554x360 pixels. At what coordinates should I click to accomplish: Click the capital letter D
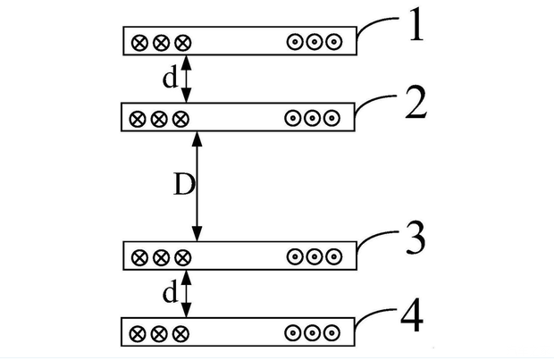point(181,186)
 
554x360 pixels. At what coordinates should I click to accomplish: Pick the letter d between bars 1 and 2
point(170,79)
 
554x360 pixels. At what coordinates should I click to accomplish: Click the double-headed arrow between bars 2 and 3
point(197,186)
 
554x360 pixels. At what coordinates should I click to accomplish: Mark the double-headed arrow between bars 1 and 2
point(186,79)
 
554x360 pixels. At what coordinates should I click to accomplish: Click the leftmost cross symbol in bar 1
point(139,42)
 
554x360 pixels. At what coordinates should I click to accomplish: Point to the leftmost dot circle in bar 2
point(291,118)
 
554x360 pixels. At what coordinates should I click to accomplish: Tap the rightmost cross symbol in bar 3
point(182,257)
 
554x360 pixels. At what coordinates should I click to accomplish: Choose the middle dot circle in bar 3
point(314,257)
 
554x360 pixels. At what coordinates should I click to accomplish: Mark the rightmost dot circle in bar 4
point(332,334)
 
